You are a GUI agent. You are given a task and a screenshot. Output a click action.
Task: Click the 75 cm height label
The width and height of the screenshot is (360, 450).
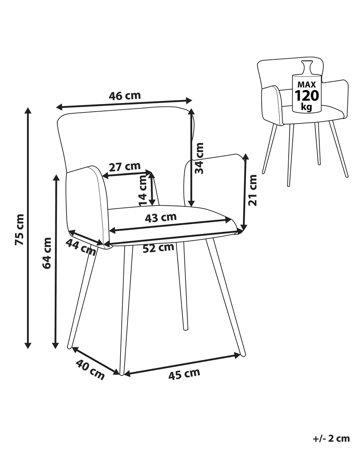pyautogui.click(x=19, y=229)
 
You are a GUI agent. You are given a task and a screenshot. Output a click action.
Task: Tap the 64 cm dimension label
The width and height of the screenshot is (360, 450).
pyautogui.click(x=47, y=253)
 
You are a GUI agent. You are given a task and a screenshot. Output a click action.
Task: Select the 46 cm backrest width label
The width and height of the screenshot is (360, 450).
pyautogui.click(x=125, y=96)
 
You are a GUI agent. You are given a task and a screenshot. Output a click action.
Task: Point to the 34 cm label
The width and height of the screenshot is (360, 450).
pyautogui.click(x=199, y=158)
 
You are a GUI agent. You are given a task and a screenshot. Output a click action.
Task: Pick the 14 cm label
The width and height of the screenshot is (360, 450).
pyautogui.click(x=143, y=190)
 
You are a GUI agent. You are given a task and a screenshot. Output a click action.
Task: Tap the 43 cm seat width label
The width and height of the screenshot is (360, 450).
pyautogui.click(x=161, y=217)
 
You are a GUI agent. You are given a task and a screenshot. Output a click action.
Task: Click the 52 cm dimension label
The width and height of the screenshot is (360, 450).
pyautogui.click(x=158, y=248)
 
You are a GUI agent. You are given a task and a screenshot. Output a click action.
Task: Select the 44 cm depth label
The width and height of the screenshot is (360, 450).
pyautogui.click(x=81, y=247)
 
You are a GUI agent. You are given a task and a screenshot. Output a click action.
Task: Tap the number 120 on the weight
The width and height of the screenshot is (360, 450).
pyautogui.click(x=307, y=95)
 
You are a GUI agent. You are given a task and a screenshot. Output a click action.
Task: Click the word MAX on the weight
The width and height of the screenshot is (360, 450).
pyautogui.click(x=307, y=85)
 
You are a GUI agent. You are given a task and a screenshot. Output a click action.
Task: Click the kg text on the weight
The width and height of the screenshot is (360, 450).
pyautogui.click(x=306, y=107)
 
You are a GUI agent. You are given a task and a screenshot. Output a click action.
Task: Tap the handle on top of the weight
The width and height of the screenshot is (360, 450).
pyautogui.click(x=307, y=67)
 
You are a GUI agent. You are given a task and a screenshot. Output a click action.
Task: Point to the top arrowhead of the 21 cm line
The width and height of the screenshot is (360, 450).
pyautogui.click(x=246, y=157)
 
